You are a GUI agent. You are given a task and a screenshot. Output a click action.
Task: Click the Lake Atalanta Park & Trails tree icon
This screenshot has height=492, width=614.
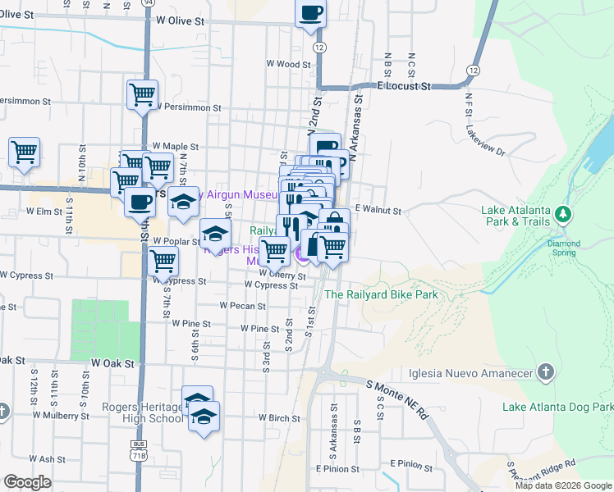tap(562, 215)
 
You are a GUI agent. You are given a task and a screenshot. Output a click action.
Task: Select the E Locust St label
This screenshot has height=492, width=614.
tap(404, 85)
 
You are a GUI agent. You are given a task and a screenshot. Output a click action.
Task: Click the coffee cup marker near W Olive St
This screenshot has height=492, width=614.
tap(311, 14)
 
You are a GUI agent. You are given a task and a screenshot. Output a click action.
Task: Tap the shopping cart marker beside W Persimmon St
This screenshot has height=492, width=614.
tap(143, 95)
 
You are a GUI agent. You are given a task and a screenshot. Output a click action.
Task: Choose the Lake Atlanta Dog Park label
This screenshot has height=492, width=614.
tap(557, 407)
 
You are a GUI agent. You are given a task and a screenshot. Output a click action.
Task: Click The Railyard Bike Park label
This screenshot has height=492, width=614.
tap(381, 294)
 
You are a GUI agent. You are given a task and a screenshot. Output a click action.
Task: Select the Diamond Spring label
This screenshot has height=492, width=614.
tap(563, 244)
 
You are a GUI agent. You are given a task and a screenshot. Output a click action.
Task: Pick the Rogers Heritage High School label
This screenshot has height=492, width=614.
tap(142, 412)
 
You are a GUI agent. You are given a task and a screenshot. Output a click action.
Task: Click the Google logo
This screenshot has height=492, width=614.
tap(27, 482)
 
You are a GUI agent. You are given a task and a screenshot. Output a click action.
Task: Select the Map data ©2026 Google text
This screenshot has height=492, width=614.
tap(563, 485)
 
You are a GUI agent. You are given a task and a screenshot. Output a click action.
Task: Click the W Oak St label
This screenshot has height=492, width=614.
tap(112, 362)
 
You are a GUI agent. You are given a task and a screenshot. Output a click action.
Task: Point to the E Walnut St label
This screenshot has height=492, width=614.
tap(378, 211)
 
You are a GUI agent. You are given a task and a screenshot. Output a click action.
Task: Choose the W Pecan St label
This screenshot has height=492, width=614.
tap(242, 306)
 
